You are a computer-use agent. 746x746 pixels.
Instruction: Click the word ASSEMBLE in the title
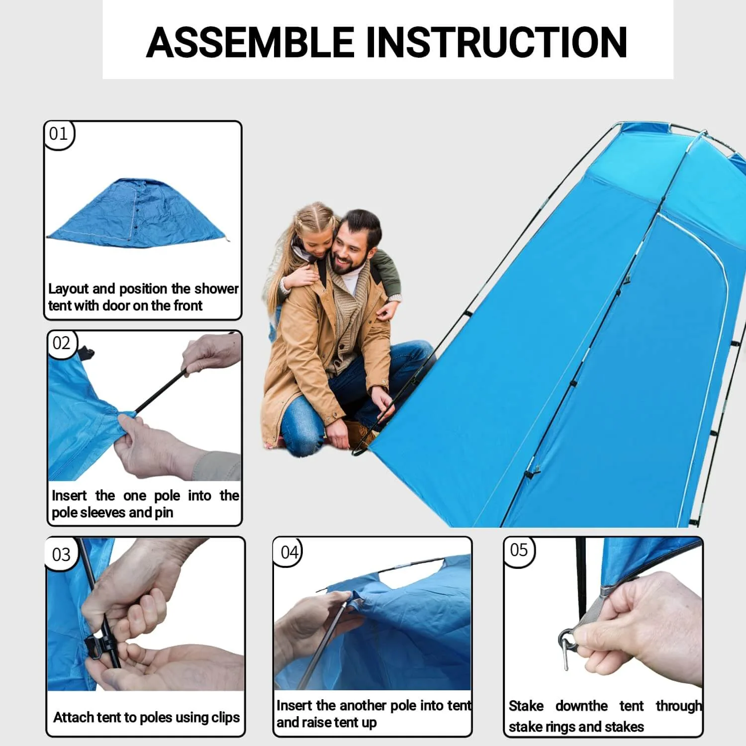coord(250,42)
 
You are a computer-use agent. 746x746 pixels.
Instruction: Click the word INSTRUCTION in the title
coord(496,42)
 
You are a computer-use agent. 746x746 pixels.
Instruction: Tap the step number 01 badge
coord(59,134)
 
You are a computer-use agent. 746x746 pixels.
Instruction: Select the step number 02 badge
coord(62,343)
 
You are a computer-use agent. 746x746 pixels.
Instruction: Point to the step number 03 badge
coord(62,555)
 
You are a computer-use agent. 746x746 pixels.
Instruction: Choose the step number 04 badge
coord(289,552)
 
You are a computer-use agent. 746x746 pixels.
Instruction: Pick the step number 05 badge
coord(519,550)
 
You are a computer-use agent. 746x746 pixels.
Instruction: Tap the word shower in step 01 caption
coord(216,289)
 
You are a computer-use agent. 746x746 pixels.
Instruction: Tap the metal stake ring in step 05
coord(567,639)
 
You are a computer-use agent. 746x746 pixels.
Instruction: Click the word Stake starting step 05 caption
coord(526,706)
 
